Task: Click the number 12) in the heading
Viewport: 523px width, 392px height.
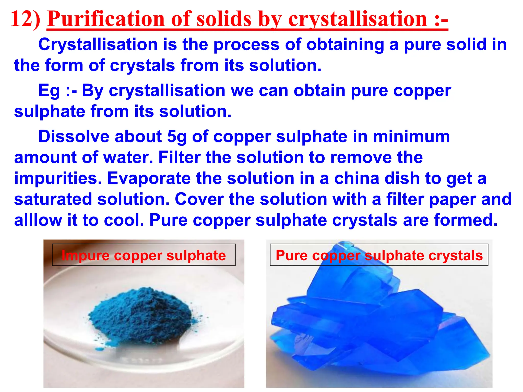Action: tap(25, 19)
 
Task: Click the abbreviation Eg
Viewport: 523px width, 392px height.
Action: tap(49, 91)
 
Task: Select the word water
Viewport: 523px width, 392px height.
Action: tap(127, 157)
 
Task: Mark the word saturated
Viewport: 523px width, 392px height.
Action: tap(53, 199)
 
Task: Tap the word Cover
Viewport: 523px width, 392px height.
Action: tap(199, 199)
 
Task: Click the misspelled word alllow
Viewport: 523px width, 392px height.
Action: tap(38, 220)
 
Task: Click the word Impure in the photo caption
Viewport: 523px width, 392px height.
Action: tap(85, 255)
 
